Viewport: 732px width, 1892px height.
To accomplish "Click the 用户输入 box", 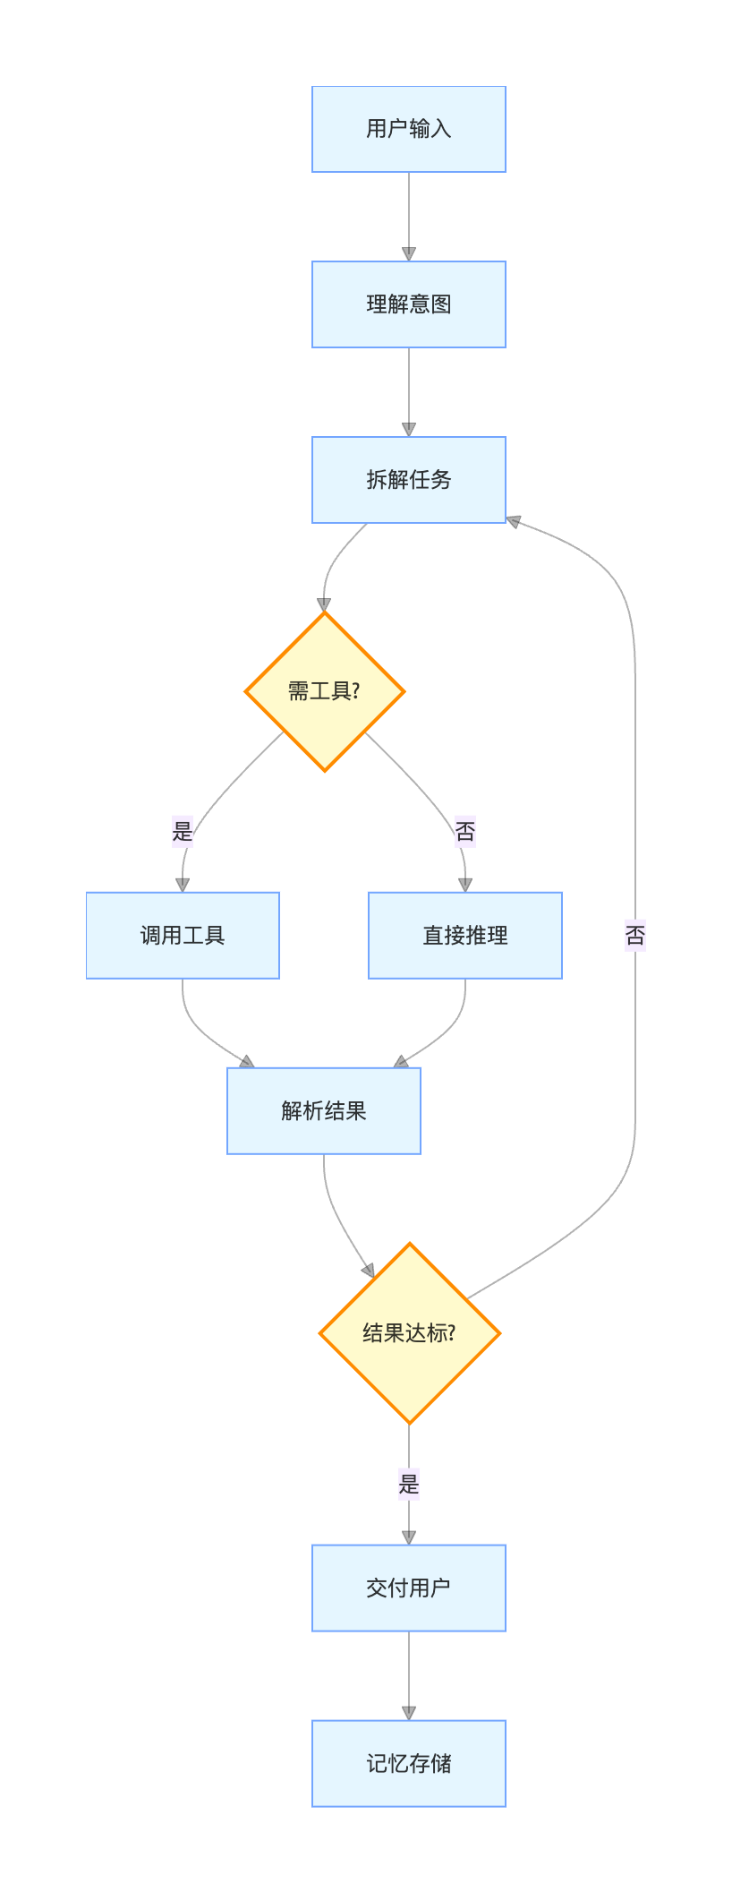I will pyautogui.click(x=408, y=129).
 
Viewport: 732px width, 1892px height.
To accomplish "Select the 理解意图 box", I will pyautogui.click(x=408, y=304).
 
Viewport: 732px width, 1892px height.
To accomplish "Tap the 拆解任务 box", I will pyautogui.click(x=408, y=480).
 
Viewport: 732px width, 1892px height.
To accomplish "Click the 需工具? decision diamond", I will pyautogui.click(x=325, y=691).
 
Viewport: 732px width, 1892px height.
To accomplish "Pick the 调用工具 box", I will pyautogui.click(x=183, y=936).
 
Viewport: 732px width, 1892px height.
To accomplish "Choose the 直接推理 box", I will pyautogui.click(x=465, y=936).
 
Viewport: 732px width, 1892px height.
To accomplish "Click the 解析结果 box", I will pyautogui.click(x=324, y=1111).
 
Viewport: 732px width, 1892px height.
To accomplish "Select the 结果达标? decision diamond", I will pyautogui.click(x=409, y=1333).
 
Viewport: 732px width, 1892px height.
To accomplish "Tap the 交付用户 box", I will pyautogui.click(x=408, y=1588).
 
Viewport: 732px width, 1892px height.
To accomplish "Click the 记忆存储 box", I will pyautogui.click(x=408, y=1764).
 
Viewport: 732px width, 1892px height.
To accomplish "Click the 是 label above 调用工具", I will pyautogui.click(x=183, y=830).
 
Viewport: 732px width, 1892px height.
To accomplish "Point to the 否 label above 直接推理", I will pyautogui.click(x=465, y=832).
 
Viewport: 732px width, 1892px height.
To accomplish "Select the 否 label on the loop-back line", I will pyautogui.click(x=635, y=937).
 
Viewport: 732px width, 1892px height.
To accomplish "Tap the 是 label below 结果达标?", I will pyautogui.click(x=409, y=1484).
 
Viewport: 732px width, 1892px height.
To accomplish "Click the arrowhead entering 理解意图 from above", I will pyautogui.click(x=409, y=254).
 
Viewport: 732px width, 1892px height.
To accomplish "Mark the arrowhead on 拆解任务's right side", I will pyautogui.click(x=514, y=521).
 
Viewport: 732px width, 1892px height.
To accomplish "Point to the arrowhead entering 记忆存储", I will pyautogui.click(x=409, y=1713).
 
